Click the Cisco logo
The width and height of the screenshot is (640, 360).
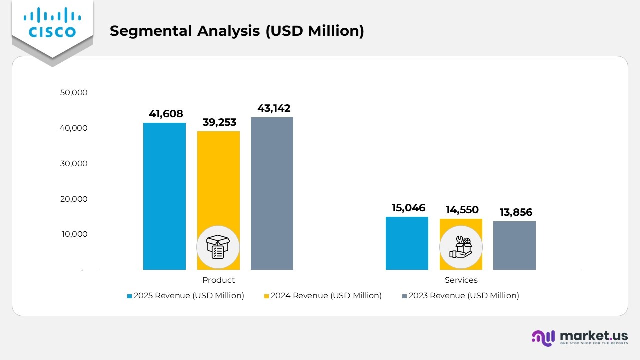point(52,23)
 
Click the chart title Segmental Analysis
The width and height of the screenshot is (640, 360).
point(237,31)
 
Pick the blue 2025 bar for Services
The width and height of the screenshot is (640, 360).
point(407,243)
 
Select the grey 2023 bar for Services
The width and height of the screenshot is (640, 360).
point(514,245)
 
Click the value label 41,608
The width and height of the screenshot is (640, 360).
point(166,114)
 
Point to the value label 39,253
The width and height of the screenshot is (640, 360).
point(219,122)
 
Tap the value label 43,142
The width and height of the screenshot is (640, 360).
point(274,108)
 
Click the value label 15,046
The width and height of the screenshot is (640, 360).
point(408,208)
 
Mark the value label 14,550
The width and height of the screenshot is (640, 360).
point(462,210)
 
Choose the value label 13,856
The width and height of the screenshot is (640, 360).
point(516,212)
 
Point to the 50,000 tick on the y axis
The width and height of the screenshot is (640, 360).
point(74,92)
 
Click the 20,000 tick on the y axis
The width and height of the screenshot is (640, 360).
point(74,199)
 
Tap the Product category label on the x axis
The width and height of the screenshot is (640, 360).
point(218,280)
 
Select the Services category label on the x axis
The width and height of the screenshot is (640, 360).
point(461,280)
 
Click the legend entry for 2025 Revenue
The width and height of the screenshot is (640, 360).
point(185,296)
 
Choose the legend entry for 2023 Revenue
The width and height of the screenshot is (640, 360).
point(460,296)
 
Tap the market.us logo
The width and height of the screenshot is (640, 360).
point(580,337)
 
